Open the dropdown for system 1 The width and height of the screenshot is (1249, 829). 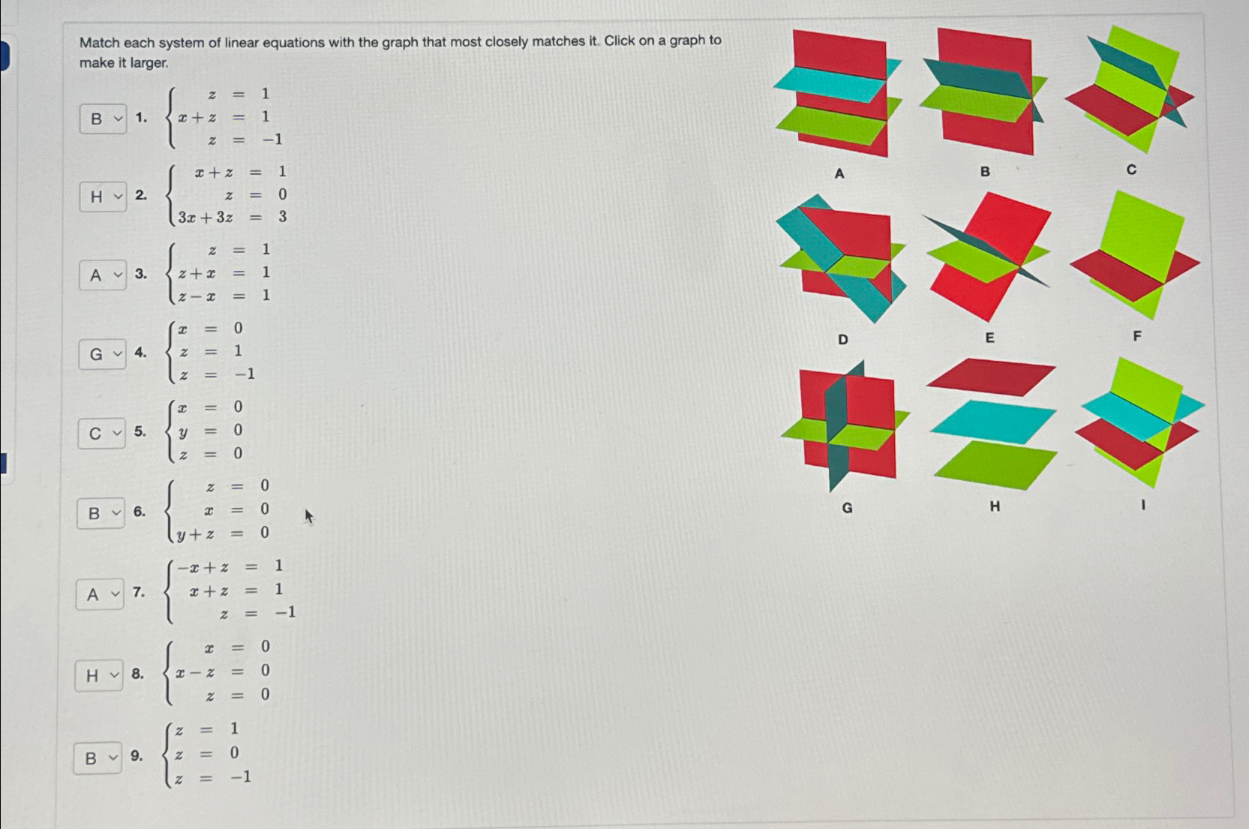pyautogui.click(x=104, y=119)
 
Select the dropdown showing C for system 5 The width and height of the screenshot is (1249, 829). pyautogui.click(x=102, y=433)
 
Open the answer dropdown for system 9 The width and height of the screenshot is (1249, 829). pyautogui.click(x=98, y=758)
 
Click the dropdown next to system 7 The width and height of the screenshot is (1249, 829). pyautogui.click(x=100, y=594)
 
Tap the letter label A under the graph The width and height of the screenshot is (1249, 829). pyautogui.click(x=839, y=173)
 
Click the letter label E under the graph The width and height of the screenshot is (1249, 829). pyautogui.click(x=989, y=338)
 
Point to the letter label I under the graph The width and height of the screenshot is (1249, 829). pyautogui.click(x=1142, y=505)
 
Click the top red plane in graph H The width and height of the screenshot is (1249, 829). pyautogui.click(x=990, y=376)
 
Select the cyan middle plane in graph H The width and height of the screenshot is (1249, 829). pyautogui.click(x=992, y=420)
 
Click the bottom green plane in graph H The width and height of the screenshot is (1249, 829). pyautogui.click(x=995, y=464)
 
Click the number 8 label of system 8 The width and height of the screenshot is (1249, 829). pyautogui.click(x=137, y=674)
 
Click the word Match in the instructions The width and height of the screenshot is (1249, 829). pyautogui.click(x=100, y=43)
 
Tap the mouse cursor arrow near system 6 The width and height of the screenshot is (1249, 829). pyautogui.click(x=308, y=516)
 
